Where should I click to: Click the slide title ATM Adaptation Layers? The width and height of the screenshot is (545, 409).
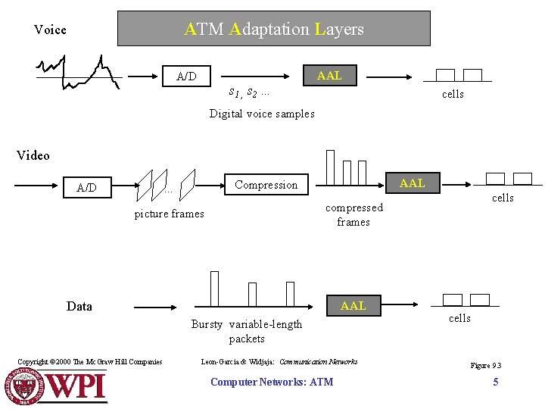click(x=273, y=30)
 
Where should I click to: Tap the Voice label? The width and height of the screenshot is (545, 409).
click(x=50, y=30)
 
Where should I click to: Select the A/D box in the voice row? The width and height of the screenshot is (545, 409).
click(x=186, y=76)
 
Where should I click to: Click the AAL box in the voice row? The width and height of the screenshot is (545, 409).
click(x=329, y=76)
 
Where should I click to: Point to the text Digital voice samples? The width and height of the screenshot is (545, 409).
click(x=262, y=114)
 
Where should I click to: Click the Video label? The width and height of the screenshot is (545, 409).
click(x=33, y=155)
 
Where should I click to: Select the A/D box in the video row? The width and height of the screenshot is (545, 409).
click(x=87, y=187)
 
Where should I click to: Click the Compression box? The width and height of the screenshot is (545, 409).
click(x=266, y=185)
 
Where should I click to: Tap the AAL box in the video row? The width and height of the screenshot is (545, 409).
click(x=412, y=183)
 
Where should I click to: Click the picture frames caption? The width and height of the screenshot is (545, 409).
click(x=169, y=214)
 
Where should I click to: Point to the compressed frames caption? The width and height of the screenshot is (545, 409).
click(x=353, y=214)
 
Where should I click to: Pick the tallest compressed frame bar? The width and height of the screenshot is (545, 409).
click(x=330, y=167)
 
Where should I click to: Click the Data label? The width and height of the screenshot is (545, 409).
click(x=79, y=306)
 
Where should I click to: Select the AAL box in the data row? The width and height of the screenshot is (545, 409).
click(x=353, y=306)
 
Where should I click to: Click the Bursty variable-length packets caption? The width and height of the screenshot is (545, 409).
click(x=247, y=331)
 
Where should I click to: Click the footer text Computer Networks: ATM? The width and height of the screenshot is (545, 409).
click(x=271, y=382)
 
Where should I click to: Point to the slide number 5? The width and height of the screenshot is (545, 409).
click(x=496, y=382)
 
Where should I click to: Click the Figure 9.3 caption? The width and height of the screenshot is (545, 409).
click(x=485, y=365)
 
